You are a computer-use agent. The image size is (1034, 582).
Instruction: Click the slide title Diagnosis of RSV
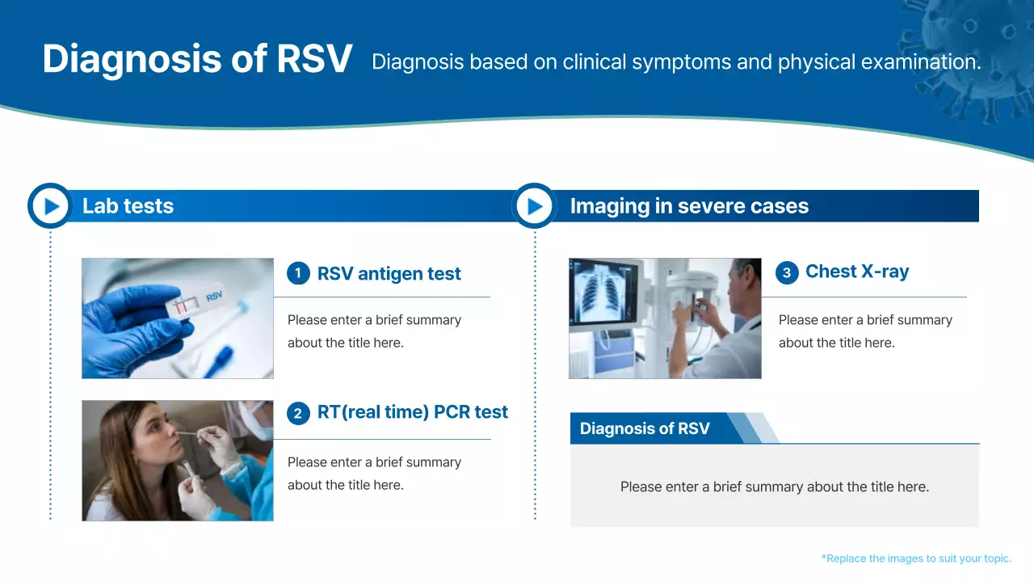click(197, 60)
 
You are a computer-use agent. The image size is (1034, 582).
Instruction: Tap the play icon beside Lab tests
click(51, 206)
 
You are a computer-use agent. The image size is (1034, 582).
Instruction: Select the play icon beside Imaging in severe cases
click(534, 206)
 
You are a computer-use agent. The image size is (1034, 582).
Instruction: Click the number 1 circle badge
click(298, 273)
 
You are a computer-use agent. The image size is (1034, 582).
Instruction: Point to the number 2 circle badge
click(298, 414)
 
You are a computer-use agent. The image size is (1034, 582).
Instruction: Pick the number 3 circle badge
click(787, 272)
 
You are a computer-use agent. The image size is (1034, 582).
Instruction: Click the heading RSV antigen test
click(389, 274)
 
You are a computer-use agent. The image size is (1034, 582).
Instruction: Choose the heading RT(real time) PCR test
click(412, 412)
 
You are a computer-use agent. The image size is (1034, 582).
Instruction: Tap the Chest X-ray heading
click(857, 272)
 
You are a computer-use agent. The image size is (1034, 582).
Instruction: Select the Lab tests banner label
click(128, 206)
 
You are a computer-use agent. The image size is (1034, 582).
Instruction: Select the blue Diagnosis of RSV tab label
click(645, 428)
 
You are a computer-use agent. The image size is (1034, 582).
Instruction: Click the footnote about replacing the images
click(916, 559)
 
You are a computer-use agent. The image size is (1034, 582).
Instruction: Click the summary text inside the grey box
click(774, 487)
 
